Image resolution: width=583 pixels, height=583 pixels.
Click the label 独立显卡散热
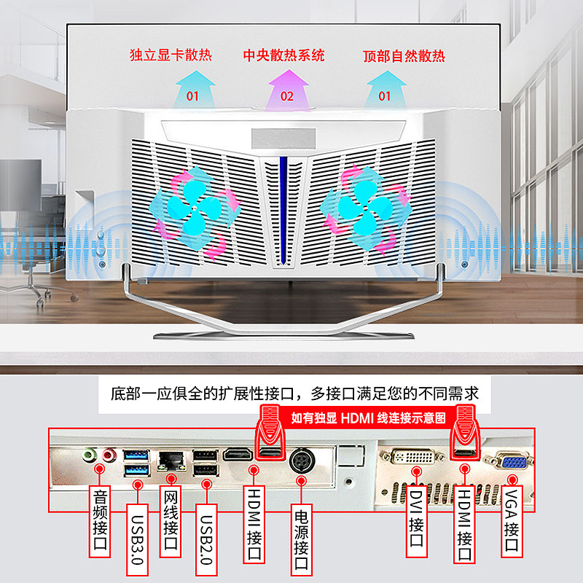coord(170,55)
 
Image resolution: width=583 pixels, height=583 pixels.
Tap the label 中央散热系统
coord(283,55)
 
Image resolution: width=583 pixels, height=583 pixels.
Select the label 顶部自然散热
coord(404,55)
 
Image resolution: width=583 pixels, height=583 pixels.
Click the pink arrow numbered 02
coord(286,87)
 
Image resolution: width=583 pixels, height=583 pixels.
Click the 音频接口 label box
coord(101,521)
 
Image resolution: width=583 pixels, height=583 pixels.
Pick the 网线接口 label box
coord(170,521)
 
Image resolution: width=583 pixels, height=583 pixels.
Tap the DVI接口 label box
coord(416,521)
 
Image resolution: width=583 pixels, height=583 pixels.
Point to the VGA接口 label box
coord(512,521)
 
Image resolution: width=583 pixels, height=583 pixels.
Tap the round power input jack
coord(301,461)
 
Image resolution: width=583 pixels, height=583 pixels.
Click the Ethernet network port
coord(170,459)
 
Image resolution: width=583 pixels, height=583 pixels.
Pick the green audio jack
coord(89,455)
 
